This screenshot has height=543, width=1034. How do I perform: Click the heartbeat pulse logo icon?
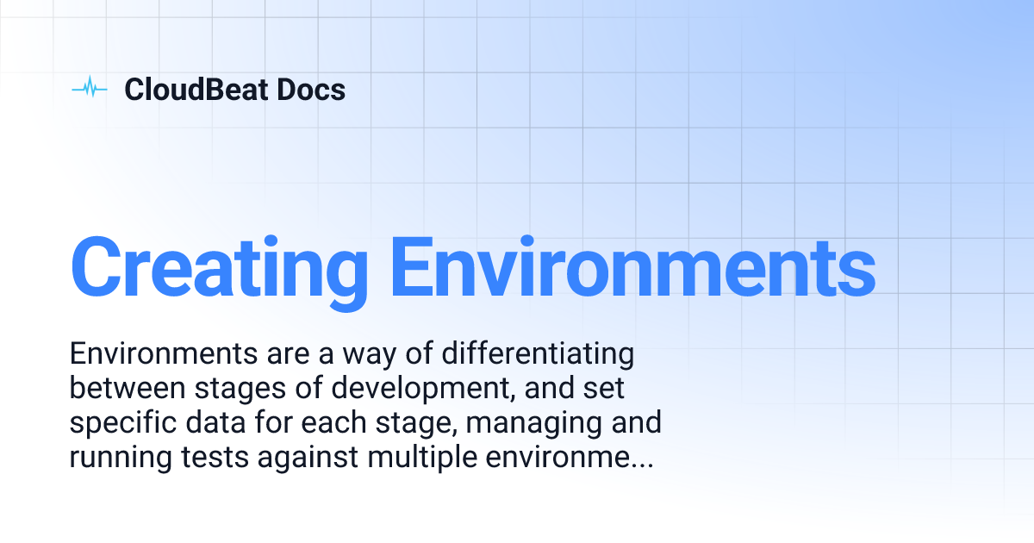click(x=89, y=89)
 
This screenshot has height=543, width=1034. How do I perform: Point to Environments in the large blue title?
click(x=632, y=266)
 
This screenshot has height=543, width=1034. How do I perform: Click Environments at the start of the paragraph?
click(x=157, y=354)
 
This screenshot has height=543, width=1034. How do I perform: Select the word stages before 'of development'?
click(x=238, y=390)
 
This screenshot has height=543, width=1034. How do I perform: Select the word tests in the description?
click(x=216, y=459)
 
